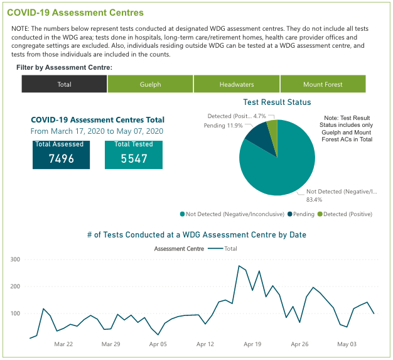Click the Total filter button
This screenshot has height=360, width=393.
[65, 84]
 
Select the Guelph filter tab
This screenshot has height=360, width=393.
[151, 84]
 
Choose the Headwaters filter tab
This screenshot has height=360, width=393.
[237, 84]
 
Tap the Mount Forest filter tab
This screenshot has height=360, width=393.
[323, 84]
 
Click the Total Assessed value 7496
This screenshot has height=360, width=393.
[62, 158]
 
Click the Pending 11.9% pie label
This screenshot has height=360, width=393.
[223, 126]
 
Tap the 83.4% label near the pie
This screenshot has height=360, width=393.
[314, 200]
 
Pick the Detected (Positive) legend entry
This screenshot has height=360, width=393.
[345, 214]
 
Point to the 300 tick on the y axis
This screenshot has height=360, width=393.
[15, 259]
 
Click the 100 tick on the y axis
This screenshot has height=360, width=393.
[15, 314]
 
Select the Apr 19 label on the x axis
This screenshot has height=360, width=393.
[252, 344]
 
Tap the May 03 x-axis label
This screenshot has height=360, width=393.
[347, 344]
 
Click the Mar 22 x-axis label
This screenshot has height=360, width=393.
[63, 344]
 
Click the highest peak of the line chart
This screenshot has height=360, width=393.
[239, 266]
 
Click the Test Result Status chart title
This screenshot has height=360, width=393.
[277, 102]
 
